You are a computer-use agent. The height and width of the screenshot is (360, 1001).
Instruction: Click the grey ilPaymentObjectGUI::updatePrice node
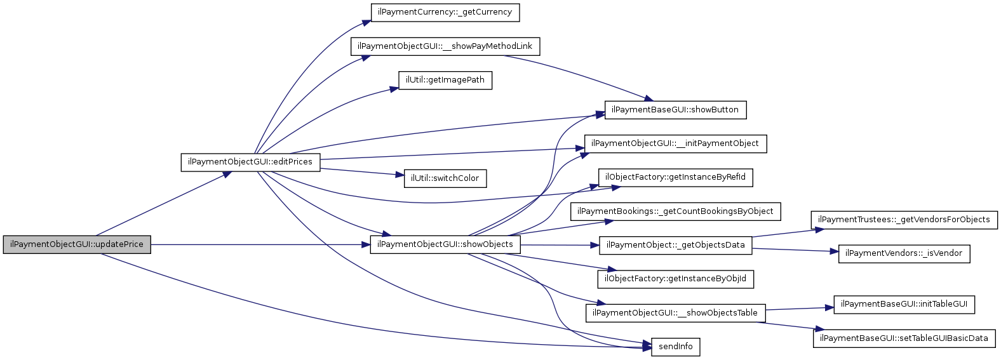pyautogui.click(x=77, y=245)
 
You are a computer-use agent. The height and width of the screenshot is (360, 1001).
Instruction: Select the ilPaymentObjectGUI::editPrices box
pyautogui.click(x=250, y=162)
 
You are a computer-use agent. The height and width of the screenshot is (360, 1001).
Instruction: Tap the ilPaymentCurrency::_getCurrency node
pyautogui.click(x=445, y=12)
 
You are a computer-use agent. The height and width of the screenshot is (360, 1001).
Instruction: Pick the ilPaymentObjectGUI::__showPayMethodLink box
pyautogui.click(x=445, y=46)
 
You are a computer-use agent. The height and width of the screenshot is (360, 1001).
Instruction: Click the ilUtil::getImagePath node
pyautogui.click(x=445, y=81)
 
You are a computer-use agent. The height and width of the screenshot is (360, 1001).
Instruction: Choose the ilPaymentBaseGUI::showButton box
pyautogui.click(x=675, y=110)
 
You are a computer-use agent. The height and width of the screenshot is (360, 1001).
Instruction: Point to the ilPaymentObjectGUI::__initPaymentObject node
pyautogui.click(x=675, y=144)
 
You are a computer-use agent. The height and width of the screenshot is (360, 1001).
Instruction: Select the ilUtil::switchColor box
pyautogui.click(x=445, y=178)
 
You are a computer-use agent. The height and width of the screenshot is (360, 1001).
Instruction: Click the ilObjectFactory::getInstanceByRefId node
pyautogui.click(x=675, y=177)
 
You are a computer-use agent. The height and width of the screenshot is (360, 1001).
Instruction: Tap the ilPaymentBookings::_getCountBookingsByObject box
pyautogui.click(x=675, y=211)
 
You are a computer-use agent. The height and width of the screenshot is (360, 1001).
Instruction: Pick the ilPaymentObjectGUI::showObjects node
pyautogui.click(x=445, y=245)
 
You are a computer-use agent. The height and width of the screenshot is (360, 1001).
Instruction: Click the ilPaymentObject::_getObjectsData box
pyautogui.click(x=675, y=245)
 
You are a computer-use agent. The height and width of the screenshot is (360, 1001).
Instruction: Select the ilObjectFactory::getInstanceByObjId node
pyautogui.click(x=675, y=279)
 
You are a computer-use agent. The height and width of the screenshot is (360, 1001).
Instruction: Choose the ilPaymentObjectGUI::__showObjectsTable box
pyautogui.click(x=675, y=313)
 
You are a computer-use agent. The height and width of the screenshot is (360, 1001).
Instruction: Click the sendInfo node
pyautogui.click(x=675, y=347)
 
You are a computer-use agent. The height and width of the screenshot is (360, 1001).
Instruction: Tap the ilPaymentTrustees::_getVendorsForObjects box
pyautogui.click(x=904, y=220)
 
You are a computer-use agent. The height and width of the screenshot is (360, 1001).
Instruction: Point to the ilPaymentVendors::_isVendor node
pyautogui.click(x=904, y=254)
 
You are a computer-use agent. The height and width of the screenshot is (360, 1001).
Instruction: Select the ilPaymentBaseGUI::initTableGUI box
pyautogui.click(x=904, y=305)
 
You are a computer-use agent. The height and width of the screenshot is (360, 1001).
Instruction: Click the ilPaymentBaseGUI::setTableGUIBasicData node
pyautogui.click(x=904, y=338)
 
